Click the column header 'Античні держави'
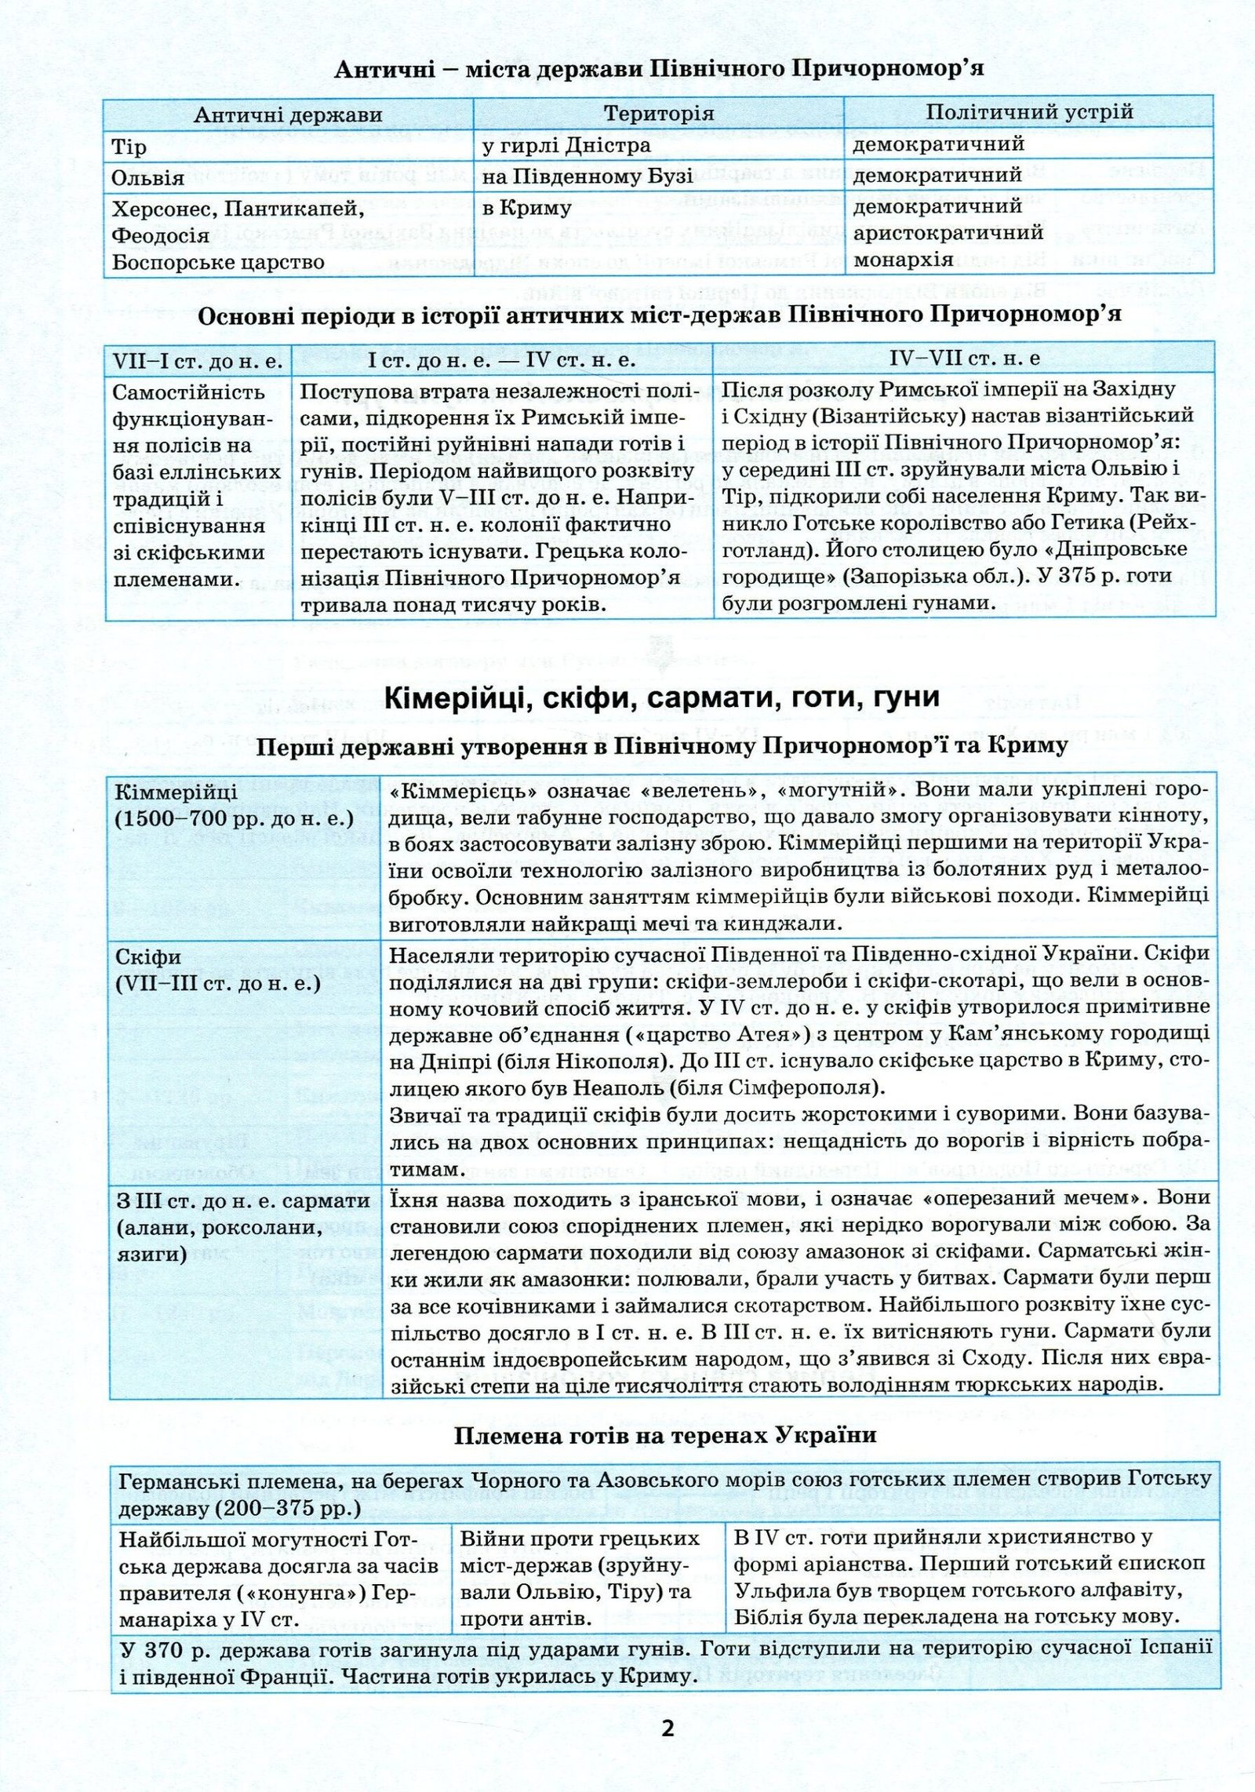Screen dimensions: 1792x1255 click(x=288, y=115)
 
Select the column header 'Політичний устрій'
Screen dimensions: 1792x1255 click(x=1029, y=112)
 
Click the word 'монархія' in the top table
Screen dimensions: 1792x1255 click(x=903, y=259)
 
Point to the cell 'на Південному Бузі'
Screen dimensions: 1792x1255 click(x=588, y=177)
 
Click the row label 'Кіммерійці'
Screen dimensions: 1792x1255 click(x=176, y=792)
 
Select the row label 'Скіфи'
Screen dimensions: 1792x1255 click(x=148, y=957)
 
